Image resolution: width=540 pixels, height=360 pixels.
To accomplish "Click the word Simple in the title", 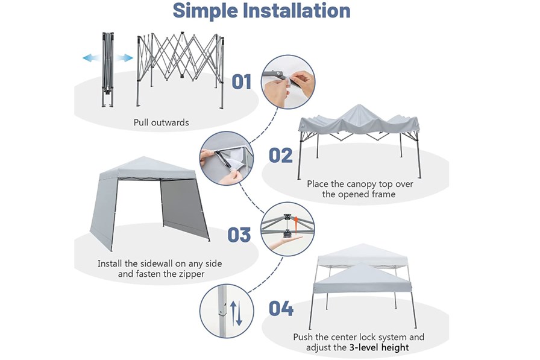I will click(207, 10).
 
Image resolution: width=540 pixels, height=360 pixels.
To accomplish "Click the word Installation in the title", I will click(299, 10).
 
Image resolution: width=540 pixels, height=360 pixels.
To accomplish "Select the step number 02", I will click(280, 156).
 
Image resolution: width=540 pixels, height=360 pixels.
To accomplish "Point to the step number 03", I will click(239, 235).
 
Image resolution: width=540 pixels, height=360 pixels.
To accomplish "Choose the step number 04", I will click(281, 309).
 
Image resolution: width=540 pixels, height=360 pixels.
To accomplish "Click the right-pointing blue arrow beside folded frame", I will click(125, 58).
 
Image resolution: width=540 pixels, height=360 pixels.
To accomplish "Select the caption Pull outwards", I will click(161, 122).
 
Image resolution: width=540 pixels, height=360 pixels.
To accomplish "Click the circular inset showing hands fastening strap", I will click(289, 81).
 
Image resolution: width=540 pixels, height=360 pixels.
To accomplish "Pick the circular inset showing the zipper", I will click(227, 158).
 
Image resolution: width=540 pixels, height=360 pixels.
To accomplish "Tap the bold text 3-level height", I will click(379, 347).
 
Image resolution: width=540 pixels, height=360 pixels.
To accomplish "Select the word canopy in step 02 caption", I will click(354, 184).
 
